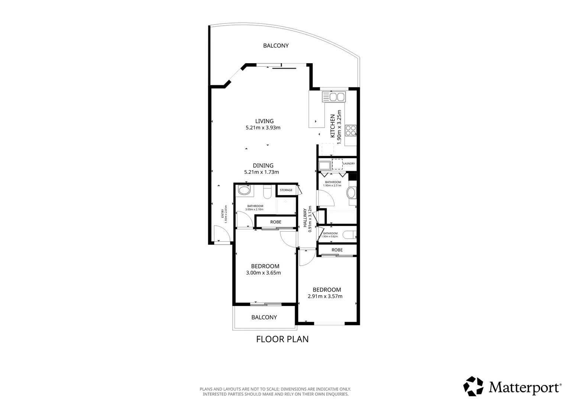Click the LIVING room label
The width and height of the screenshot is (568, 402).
click(264, 121)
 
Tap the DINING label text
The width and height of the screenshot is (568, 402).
click(263, 166)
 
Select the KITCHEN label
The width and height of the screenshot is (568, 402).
click(332, 126)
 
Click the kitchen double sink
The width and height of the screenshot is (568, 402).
click(333, 97)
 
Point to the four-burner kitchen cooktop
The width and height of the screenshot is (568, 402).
click(351, 131)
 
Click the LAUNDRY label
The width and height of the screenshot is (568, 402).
click(349, 163)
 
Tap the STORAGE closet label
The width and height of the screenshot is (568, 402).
click(286, 190)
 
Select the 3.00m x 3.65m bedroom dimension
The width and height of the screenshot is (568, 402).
click(263, 273)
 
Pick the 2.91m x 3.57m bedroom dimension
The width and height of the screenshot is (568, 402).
click(325, 296)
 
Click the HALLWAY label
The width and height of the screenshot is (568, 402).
click(305, 218)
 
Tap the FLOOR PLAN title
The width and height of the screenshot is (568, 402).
click(282, 339)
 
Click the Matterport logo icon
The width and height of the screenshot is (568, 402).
click(473, 386)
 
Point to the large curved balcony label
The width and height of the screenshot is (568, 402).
click(276, 46)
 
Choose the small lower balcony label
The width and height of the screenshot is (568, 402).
click(264, 318)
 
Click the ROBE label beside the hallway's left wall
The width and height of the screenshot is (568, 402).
click(275, 222)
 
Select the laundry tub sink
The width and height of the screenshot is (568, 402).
click(324, 166)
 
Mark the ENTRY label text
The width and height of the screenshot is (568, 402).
click(223, 214)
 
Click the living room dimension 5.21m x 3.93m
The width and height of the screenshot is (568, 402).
click(263, 128)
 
